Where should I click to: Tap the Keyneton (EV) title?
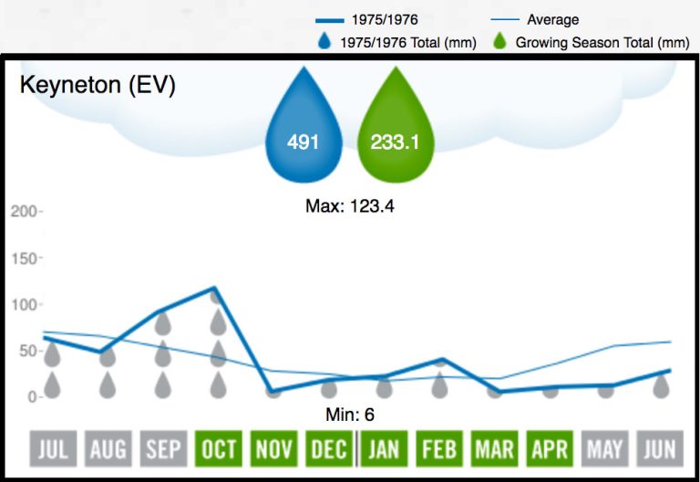(98, 86)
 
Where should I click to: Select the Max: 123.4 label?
(349, 206)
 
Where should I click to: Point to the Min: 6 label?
(350, 414)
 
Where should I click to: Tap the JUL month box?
(53, 449)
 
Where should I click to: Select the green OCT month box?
(218, 449)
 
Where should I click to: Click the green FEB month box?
(440, 449)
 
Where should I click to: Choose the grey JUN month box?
(660, 449)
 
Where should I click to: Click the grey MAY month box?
(605, 449)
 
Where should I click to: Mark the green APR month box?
(551, 449)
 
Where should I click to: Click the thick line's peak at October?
(216, 288)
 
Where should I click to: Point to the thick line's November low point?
(272, 391)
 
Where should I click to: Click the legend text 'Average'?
(552, 20)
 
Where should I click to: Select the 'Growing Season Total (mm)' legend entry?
(592, 42)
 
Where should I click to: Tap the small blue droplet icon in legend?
(324, 42)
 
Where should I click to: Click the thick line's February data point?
(440, 360)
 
